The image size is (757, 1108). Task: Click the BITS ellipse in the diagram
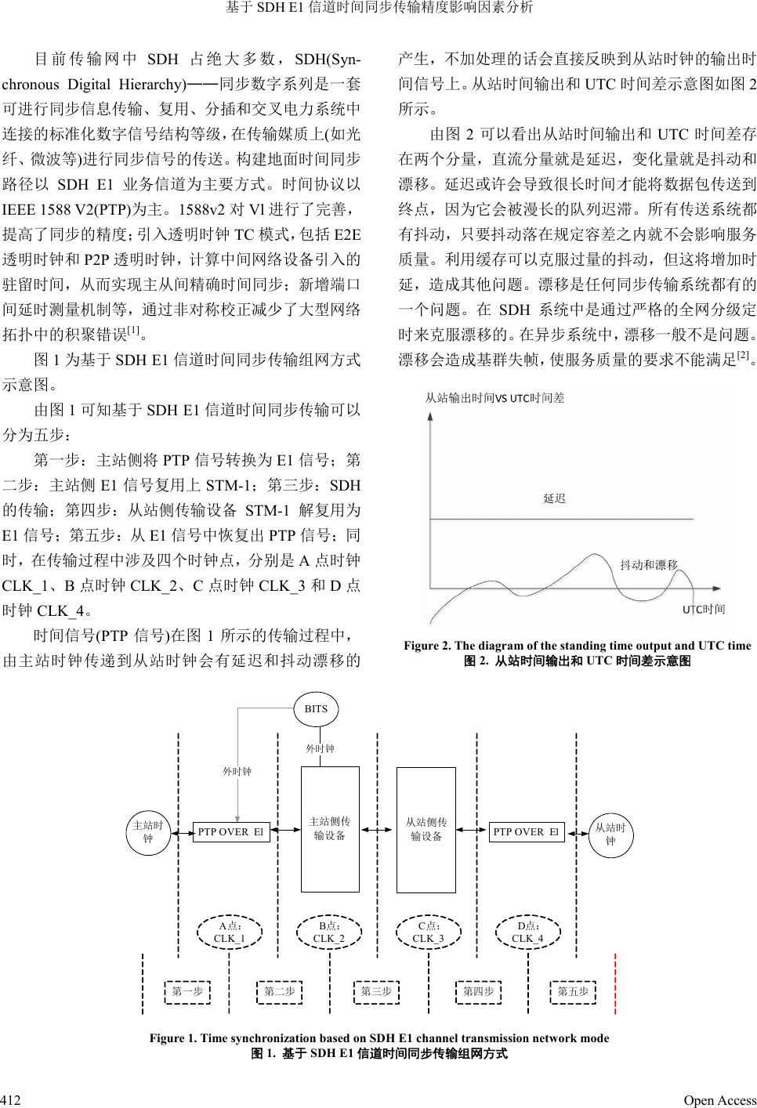pyautogui.click(x=316, y=708)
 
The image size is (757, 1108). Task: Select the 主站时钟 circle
pyautogui.click(x=148, y=832)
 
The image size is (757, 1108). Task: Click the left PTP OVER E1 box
pyautogui.click(x=231, y=831)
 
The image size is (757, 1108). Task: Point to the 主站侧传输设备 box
pyautogui.click(x=330, y=829)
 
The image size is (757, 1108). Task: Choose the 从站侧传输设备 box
pyautogui.click(x=426, y=829)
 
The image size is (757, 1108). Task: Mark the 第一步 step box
pyautogui.click(x=187, y=991)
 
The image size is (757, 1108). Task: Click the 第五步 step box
pyautogui.click(x=573, y=991)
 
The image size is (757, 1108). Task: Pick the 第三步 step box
pyautogui.click(x=376, y=991)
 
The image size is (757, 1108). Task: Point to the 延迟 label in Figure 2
pyautogui.click(x=554, y=498)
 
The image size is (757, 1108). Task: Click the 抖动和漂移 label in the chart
pyautogui.click(x=648, y=564)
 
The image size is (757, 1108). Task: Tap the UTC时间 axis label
pyautogui.click(x=703, y=609)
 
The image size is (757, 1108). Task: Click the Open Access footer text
pyautogui.click(x=719, y=1100)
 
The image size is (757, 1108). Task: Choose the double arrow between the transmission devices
pyautogui.click(x=378, y=831)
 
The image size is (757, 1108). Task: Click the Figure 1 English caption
pyautogui.click(x=378, y=1038)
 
